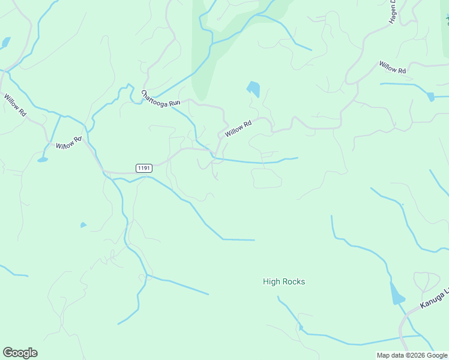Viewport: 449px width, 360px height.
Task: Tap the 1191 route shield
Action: pyautogui.click(x=143, y=167)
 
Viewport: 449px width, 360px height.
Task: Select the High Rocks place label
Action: pyautogui.click(x=284, y=281)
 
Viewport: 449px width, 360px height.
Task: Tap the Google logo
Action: pyautogui.click(x=20, y=353)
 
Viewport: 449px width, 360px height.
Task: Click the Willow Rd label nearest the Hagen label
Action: pyautogui.click(x=393, y=67)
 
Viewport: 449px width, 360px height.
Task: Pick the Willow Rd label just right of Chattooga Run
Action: pyautogui.click(x=238, y=128)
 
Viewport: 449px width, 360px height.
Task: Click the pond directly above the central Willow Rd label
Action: pyautogui.click(x=253, y=89)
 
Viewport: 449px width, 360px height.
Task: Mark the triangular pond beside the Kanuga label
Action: pyautogui.click(x=396, y=294)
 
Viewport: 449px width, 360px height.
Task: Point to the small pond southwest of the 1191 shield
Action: pyautogui.click(x=83, y=225)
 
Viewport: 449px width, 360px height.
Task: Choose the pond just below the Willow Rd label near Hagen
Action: pyautogui.click(x=430, y=96)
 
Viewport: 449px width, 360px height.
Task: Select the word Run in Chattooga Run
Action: pyautogui.click(x=175, y=103)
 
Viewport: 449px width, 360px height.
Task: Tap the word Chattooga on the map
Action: pyautogui.click(x=155, y=97)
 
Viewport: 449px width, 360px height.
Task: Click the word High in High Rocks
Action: pyautogui.click(x=271, y=281)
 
